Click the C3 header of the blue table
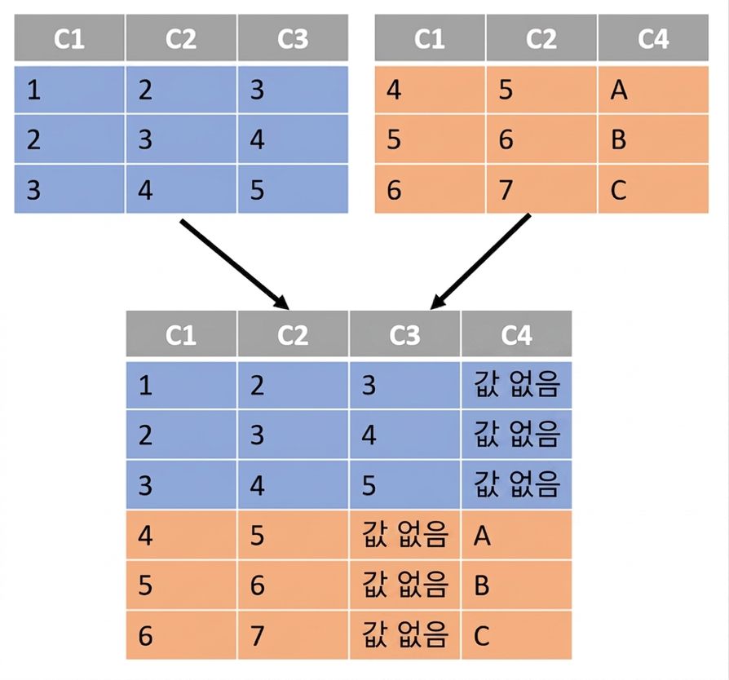point(293,38)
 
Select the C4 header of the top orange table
point(653,38)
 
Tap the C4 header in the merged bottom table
point(516,333)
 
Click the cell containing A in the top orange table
point(653,89)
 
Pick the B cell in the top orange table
point(653,139)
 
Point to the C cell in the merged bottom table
point(516,635)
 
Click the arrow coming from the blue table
point(235,264)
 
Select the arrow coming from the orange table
point(480,261)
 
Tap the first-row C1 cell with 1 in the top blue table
point(69,89)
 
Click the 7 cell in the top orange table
point(541,189)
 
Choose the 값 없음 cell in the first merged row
point(516,386)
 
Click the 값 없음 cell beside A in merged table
point(404,535)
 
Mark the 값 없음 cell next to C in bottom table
point(404,635)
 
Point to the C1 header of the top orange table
point(430,38)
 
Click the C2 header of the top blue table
point(181,38)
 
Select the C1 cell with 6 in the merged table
point(181,635)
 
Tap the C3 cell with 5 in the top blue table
point(293,189)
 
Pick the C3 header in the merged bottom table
point(404,333)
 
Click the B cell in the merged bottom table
point(516,585)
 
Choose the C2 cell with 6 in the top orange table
point(541,139)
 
